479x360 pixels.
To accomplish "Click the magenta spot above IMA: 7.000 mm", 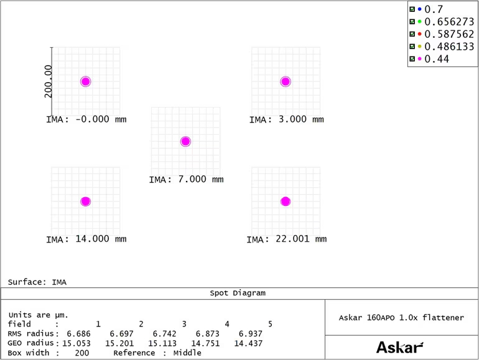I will pyautogui.click(x=185, y=142).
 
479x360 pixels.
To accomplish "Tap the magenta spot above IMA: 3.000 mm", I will pyautogui.click(x=286, y=81).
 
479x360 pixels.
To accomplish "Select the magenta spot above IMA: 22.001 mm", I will pyautogui.click(x=286, y=201).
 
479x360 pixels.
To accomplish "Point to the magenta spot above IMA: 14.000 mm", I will pyautogui.click(x=86, y=201).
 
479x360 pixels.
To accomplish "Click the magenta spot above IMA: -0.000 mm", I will pyautogui.click(x=86, y=81).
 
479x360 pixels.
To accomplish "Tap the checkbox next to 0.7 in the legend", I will pyautogui.click(x=412, y=9).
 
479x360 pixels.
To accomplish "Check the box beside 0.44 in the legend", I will pyautogui.click(x=412, y=59).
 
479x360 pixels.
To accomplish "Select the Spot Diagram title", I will pyautogui.click(x=240, y=293).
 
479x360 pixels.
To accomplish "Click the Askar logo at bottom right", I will pyautogui.click(x=400, y=346).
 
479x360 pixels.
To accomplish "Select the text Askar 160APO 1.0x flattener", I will pyautogui.click(x=401, y=318).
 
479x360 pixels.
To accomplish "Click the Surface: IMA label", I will pyautogui.click(x=37, y=282).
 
